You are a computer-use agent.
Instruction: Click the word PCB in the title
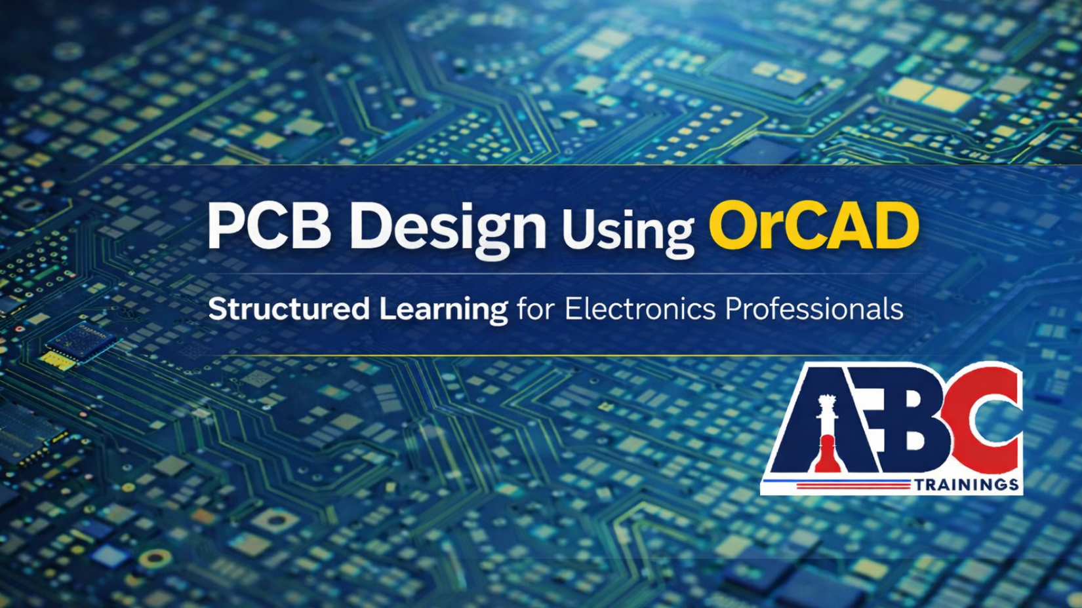click(270, 225)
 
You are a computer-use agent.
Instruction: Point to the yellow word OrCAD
click(814, 225)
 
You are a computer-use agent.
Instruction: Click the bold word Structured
click(289, 309)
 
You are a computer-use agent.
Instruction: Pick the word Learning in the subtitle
click(443, 311)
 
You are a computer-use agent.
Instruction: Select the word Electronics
click(640, 309)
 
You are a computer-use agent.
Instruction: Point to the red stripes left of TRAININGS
click(853, 484)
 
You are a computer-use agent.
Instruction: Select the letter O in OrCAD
click(734, 226)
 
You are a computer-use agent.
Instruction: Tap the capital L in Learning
click(388, 309)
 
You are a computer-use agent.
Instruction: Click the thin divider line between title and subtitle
click(560, 274)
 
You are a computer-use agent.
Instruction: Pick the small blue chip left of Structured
click(81, 341)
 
